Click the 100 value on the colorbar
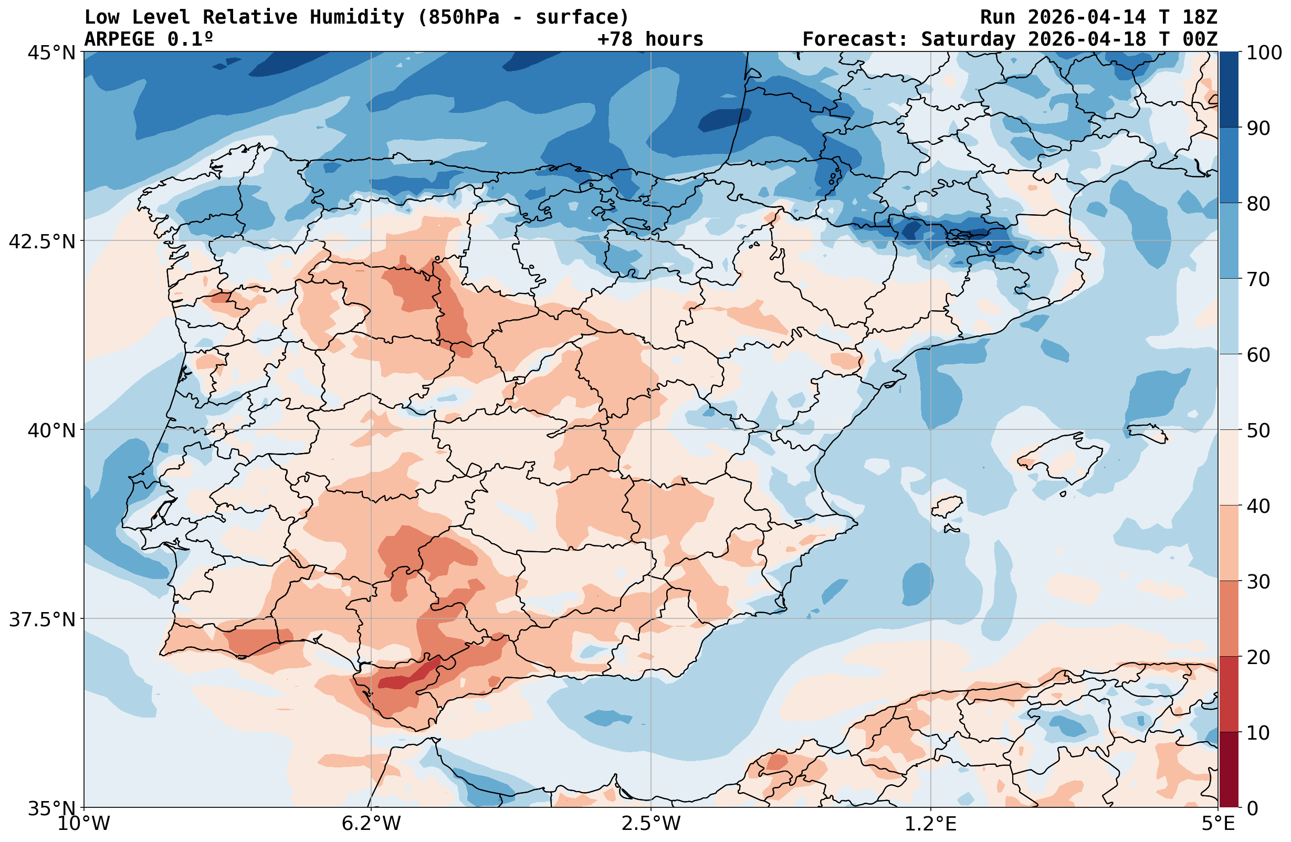point(1263,53)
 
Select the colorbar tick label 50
point(1258,431)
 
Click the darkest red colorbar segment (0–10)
point(1229,770)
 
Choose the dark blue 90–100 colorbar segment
point(1229,90)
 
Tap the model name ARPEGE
point(119,39)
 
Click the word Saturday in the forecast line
point(968,39)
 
